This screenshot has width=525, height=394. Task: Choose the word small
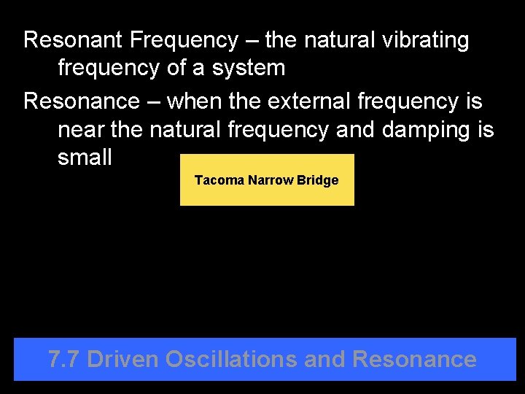[85, 158]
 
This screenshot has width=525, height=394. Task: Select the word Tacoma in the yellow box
[219, 180]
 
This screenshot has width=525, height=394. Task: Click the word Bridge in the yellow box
[317, 180]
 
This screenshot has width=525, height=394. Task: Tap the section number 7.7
[63, 359]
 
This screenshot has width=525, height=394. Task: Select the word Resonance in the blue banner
[414, 359]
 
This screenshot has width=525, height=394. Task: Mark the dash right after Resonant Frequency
[252, 41]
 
